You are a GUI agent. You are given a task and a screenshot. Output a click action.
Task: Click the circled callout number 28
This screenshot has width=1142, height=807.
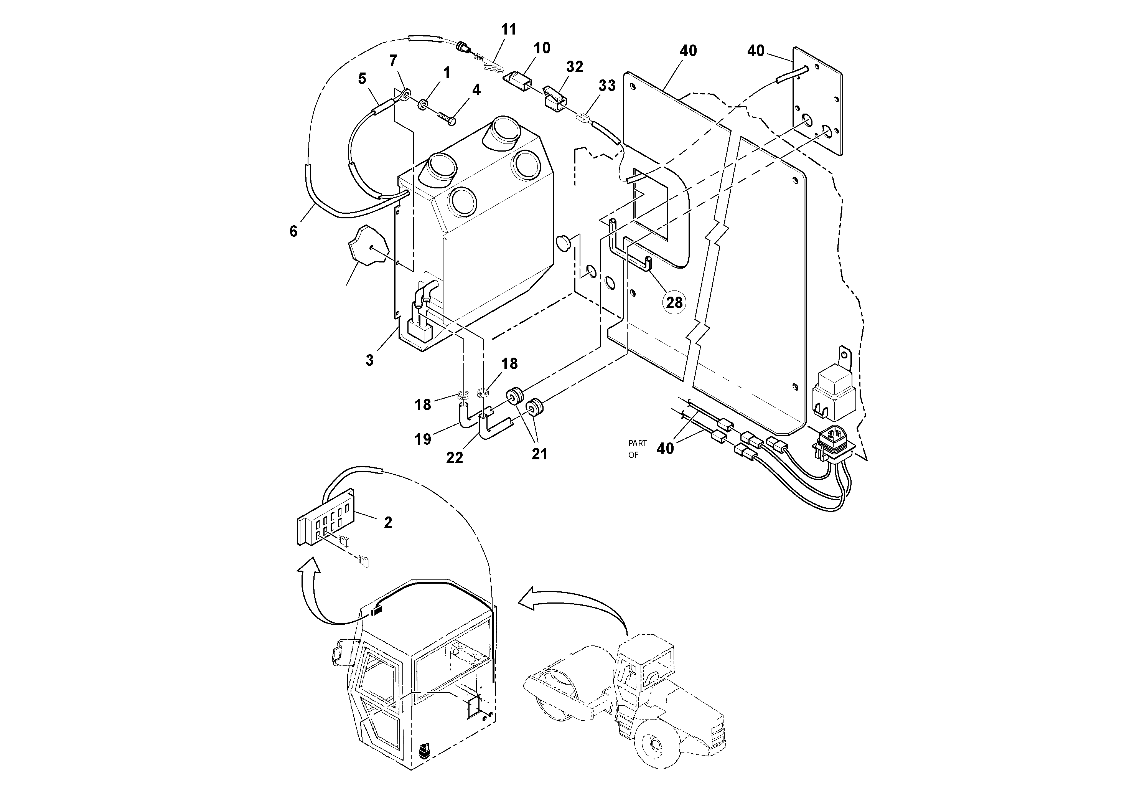coord(674,302)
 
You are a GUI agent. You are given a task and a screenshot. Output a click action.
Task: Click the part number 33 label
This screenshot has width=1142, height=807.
coord(606,86)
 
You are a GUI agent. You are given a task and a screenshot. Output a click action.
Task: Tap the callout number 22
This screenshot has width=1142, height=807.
coord(454,458)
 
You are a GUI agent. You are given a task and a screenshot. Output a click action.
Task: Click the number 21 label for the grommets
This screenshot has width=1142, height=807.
coord(539,454)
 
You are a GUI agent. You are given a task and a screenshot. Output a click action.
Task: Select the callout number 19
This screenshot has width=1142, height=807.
coord(423,439)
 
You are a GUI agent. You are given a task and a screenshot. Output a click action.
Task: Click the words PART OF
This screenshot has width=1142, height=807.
coord(637,449)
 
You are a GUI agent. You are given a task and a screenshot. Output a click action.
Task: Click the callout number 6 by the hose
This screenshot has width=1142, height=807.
coord(293,231)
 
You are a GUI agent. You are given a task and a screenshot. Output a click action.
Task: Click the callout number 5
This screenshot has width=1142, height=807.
coord(362,79)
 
